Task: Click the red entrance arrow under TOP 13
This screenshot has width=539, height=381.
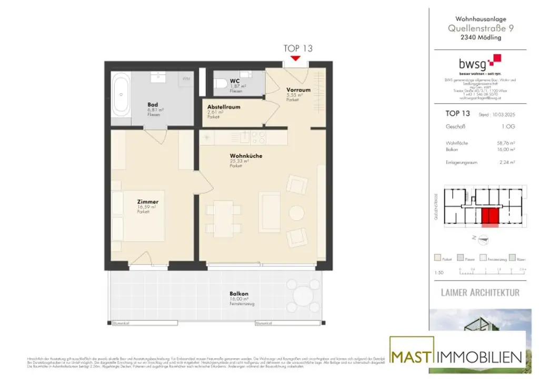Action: tap(296, 58)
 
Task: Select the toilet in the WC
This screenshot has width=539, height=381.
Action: tap(221, 84)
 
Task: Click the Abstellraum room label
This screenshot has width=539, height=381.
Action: tap(224, 107)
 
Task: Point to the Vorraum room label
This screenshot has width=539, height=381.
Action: tap(298, 90)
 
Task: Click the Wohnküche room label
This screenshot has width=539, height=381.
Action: tap(246, 156)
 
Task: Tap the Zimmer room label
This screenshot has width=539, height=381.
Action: tap(148, 202)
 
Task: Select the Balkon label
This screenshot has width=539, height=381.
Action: tap(238, 294)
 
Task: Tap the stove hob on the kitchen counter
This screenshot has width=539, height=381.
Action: tap(258, 137)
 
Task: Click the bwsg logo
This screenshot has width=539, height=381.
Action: tap(479, 63)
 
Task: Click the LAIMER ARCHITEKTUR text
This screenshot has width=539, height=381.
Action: tap(480, 292)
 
